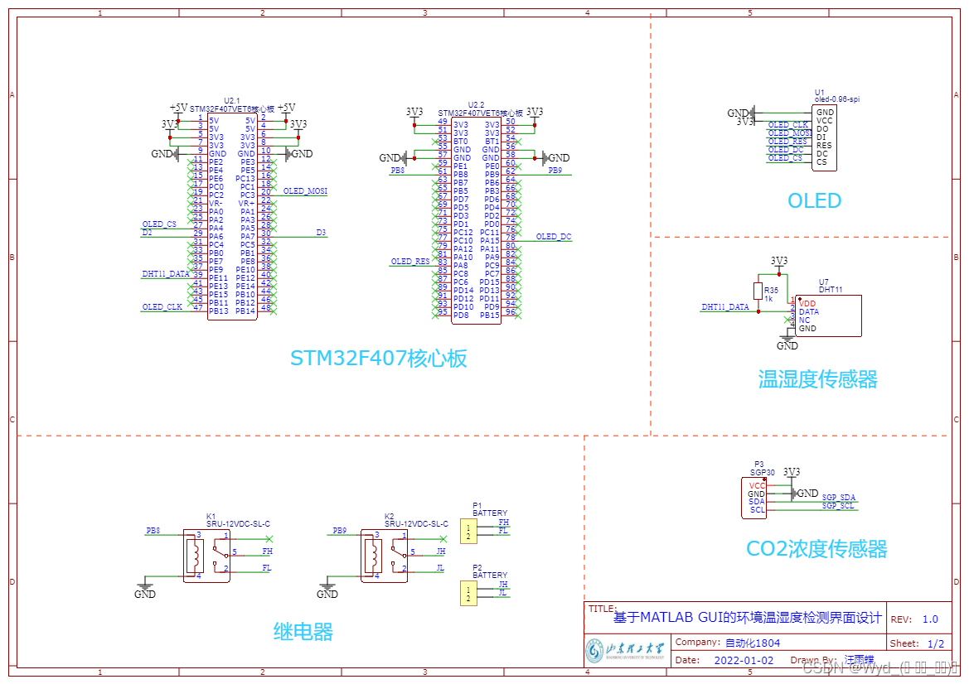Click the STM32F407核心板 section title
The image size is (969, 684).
tap(379, 358)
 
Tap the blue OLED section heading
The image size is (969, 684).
tap(814, 201)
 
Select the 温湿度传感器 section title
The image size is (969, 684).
tap(817, 379)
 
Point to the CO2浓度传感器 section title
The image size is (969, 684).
tap(816, 548)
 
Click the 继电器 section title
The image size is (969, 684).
tap(303, 632)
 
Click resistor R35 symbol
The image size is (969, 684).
tap(758, 291)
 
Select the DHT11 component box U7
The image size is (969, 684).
tap(826, 316)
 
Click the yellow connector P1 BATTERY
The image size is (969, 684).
tap(468, 530)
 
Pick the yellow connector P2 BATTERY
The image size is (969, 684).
tap(468, 593)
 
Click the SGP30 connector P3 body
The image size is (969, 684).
tap(757, 498)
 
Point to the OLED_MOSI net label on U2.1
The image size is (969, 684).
tap(305, 191)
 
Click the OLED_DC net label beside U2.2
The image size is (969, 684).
tap(554, 237)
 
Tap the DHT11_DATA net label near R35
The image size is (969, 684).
tap(724, 307)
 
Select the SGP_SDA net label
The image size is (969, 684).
tap(838, 498)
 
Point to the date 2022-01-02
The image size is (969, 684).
tap(744, 661)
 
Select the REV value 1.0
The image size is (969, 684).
tap(930, 619)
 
